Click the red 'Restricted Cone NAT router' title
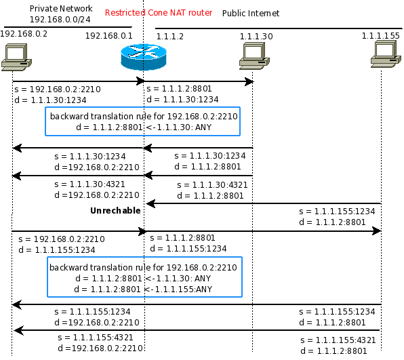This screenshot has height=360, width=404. tap(159, 13)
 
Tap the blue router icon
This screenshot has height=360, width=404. tap(144, 57)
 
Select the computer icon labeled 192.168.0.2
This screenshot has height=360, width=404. tap(16, 57)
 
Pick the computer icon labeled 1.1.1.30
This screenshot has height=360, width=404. tap(254, 56)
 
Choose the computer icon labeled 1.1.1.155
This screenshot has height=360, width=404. tap(386, 54)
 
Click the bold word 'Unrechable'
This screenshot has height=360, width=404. tap(115, 211)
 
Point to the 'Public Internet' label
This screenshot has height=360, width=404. tap(251, 13)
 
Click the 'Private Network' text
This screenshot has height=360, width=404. tap(61, 9)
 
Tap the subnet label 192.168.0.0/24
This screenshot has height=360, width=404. tap(60, 20)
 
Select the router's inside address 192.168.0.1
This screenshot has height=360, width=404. tap(109, 35)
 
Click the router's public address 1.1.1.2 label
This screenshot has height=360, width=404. tap(170, 37)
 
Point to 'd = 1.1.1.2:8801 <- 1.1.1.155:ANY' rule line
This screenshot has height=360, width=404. tap(143, 289)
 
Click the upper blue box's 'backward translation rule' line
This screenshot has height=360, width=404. tap(144, 116)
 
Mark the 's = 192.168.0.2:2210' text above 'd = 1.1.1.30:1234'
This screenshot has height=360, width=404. tap(58, 89)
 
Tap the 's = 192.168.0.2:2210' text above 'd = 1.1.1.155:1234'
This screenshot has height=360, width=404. tap(62, 239)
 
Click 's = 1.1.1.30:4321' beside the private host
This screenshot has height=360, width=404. tap(89, 184)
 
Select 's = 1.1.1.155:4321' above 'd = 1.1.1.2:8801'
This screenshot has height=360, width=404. tap(338, 340)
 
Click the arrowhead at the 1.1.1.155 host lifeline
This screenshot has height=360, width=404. tap(377, 231)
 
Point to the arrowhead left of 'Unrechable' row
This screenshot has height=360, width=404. tap(150, 203)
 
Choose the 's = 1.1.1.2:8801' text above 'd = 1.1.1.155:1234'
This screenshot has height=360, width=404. tap(182, 237)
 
